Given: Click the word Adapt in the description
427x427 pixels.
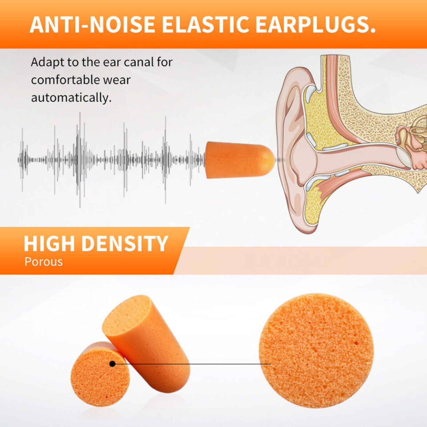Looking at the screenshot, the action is tap(47, 63).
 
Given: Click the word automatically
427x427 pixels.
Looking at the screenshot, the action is tap(71, 98).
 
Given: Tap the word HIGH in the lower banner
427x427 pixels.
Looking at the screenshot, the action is tap(49, 244).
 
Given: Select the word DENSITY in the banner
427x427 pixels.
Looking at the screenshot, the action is tap(125, 244).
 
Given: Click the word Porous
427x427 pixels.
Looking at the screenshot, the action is tap(44, 262).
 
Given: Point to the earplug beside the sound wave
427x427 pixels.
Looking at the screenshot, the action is tap(240, 160).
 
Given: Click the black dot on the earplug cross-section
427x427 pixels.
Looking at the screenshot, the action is tap(112, 364).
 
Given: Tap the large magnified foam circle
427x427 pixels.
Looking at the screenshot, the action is tap(316, 351).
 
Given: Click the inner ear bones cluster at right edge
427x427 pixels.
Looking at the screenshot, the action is tap(412, 144).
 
